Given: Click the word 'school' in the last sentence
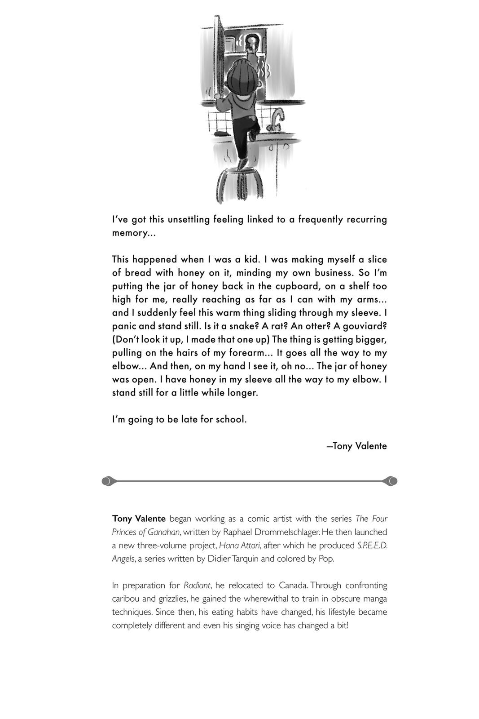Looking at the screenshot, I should [230, 420].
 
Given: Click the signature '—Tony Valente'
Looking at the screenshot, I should [356, 446].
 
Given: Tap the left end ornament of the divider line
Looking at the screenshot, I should [108, 481].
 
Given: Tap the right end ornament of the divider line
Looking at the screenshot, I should [391, 481].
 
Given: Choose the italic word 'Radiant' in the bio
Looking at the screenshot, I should [197, 586].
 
